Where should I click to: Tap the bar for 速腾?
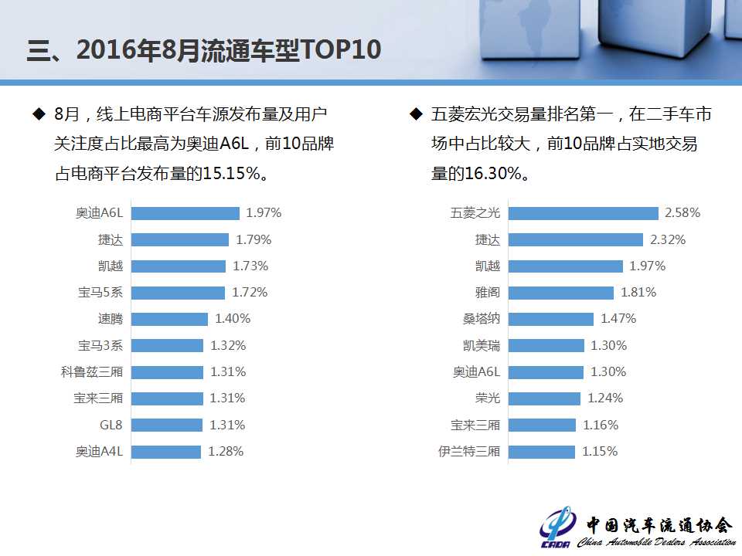point(169,319)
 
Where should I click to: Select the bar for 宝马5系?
point(178,293)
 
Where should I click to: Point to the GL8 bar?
point(166,425)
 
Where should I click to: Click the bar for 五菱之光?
point(583,213)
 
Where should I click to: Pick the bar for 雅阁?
point(561,293)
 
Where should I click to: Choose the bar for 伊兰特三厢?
point(542,452)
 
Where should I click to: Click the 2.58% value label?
point(682,213)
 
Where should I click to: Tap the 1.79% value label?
point(254,239)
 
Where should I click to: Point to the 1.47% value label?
point(618,319)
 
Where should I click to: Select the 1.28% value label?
point(226,452)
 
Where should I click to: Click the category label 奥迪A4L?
point(99,452)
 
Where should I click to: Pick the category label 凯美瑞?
point(481,345)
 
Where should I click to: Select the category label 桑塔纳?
point(481,319)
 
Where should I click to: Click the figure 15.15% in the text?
point(231,174)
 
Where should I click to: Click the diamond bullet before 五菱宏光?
point(415,115)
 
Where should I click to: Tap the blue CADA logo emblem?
point(558,527)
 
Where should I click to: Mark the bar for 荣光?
point(544,398)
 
